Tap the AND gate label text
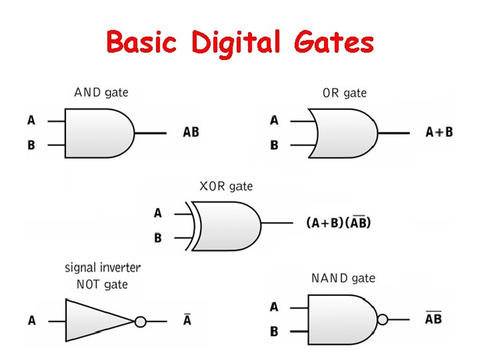tap(101, 92)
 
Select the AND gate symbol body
tap(97, 133)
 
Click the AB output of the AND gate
tap(191, 132)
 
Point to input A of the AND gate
tap(31, 121)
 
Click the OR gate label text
tap(344, 93)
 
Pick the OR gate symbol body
tap(343, 133)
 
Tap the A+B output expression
tap(439, 132)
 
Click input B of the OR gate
tap(274, 145)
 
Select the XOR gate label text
tap(226, 186)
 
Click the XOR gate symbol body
tap(227, 225)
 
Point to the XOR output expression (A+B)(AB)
tap(338, 223)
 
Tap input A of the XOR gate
tap(157, 213)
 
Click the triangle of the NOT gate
tap(97, 321)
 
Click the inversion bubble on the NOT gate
tap(140, 321)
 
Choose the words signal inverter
tap(103, 268)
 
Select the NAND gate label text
tap(343, 278)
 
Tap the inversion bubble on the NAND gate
tap(382, 319)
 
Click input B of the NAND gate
tap(274, 331)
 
